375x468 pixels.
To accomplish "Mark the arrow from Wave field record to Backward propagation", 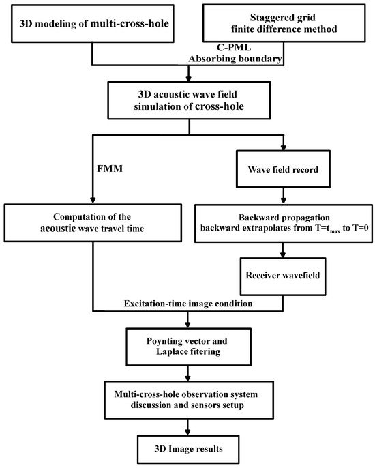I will coord(284,195).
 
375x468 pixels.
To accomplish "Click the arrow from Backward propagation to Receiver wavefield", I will coord(284,250).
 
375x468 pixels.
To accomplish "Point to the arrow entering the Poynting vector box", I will coord(187,321).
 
